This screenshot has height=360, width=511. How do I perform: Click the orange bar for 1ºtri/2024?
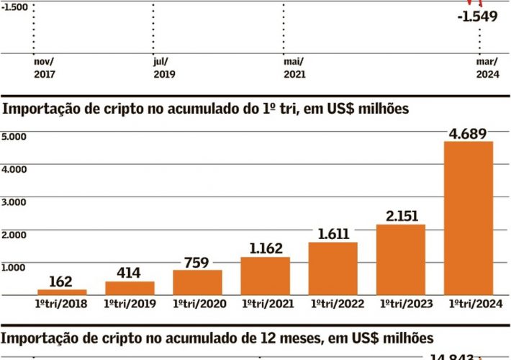click(469, 217)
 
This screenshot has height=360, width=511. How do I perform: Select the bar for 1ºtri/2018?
click(62, 292)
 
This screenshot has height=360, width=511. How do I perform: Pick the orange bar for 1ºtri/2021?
click(266, 276)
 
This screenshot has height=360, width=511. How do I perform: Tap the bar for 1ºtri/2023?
click(401, 259)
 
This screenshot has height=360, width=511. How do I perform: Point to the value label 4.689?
click(469, 132)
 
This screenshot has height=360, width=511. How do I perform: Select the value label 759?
click(197, 262)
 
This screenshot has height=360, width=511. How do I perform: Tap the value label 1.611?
click(333, 233)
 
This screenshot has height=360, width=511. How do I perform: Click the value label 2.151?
click(401, 215)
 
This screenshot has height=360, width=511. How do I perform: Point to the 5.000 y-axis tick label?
click(14, 136)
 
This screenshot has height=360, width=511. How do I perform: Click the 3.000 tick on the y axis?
click(14, 202)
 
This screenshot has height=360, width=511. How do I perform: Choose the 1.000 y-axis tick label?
click(14, 267)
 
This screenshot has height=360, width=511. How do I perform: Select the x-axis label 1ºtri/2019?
click(130, 305)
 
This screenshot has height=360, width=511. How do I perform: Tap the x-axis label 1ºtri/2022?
click(333, 305)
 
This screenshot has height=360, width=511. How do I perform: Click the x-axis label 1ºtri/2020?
click(197, 305)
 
